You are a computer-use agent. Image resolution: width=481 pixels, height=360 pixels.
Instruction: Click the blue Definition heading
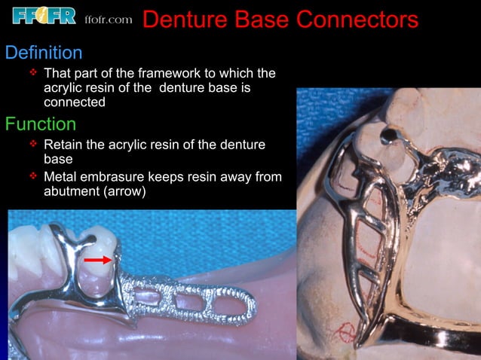pos(44,53)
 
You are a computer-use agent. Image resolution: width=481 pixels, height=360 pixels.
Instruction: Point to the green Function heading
pos(40,123)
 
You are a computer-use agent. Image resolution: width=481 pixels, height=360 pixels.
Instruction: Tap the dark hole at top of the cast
pos(389,136)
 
